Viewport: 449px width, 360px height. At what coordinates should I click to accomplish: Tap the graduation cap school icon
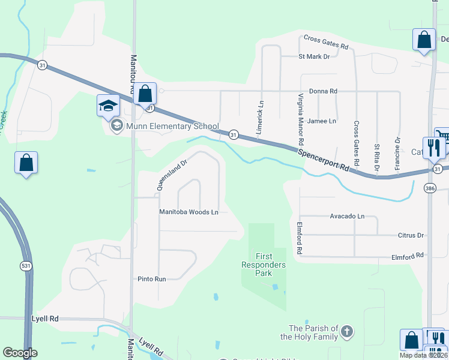pyautogui.click(x=109, y=106)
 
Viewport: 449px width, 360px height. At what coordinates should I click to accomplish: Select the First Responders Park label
pyautogui.click(x=264, y=265)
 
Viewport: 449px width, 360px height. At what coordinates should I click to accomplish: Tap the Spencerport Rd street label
pyautogui.click(x=324, y=160)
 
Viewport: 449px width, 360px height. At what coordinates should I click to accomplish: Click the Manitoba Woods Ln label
pyautogui.click(x=188, y=212)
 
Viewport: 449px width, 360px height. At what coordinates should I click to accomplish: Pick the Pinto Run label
pyautogui.click(x=151, y=278)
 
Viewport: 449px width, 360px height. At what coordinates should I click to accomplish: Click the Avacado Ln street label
pyautogui.click(x=347, y=216)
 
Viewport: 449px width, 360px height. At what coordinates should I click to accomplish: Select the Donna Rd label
pyautogui.click(x=323, y=91)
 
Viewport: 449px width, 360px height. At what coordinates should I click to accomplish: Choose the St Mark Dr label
pyautogui.click(x=314, y=56)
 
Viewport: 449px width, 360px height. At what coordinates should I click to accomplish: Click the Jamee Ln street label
pyautogui.click(x=321, y=121)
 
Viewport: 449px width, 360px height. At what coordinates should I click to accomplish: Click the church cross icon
pyautogui.click(x=347, y=331)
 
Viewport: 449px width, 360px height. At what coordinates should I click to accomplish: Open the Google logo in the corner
pyautogui.click(x=20, y=353)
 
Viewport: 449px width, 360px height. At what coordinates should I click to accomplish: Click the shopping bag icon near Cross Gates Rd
pyautogui.click(x=424, y=40)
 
